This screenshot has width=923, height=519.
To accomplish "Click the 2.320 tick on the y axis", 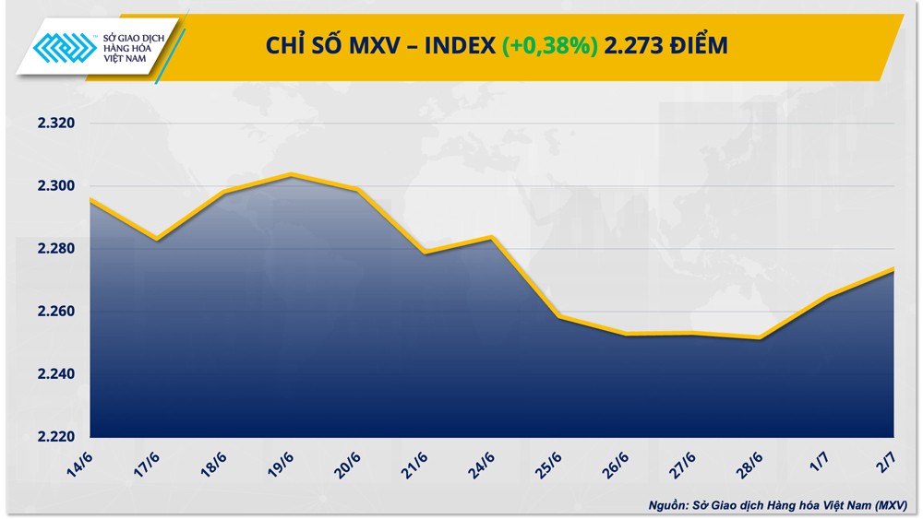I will click(54, 124).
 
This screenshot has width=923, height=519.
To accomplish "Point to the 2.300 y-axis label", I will click(54, 186).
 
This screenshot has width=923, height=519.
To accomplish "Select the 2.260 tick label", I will click(54, 312).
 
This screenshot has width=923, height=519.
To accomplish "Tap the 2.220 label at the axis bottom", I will click(54, 437).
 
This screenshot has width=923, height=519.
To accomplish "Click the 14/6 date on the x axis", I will click(80, 461).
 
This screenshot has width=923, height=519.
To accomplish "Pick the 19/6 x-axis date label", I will click(282, 461).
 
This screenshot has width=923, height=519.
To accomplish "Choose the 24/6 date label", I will click(485, 461).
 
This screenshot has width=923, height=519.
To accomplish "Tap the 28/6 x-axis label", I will click(753, 461).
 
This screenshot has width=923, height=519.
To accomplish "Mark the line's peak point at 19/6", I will click(291, 174).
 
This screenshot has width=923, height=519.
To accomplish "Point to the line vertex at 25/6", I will click(558, 316).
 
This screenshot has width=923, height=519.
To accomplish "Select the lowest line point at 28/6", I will click(760, 338).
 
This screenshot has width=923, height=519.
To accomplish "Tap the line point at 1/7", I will click(827, 296).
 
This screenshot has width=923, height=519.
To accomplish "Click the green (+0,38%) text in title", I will click(550, 45).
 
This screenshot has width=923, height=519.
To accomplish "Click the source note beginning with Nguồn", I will click(776, 505).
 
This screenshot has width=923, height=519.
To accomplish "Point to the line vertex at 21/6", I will click(425, 253).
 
